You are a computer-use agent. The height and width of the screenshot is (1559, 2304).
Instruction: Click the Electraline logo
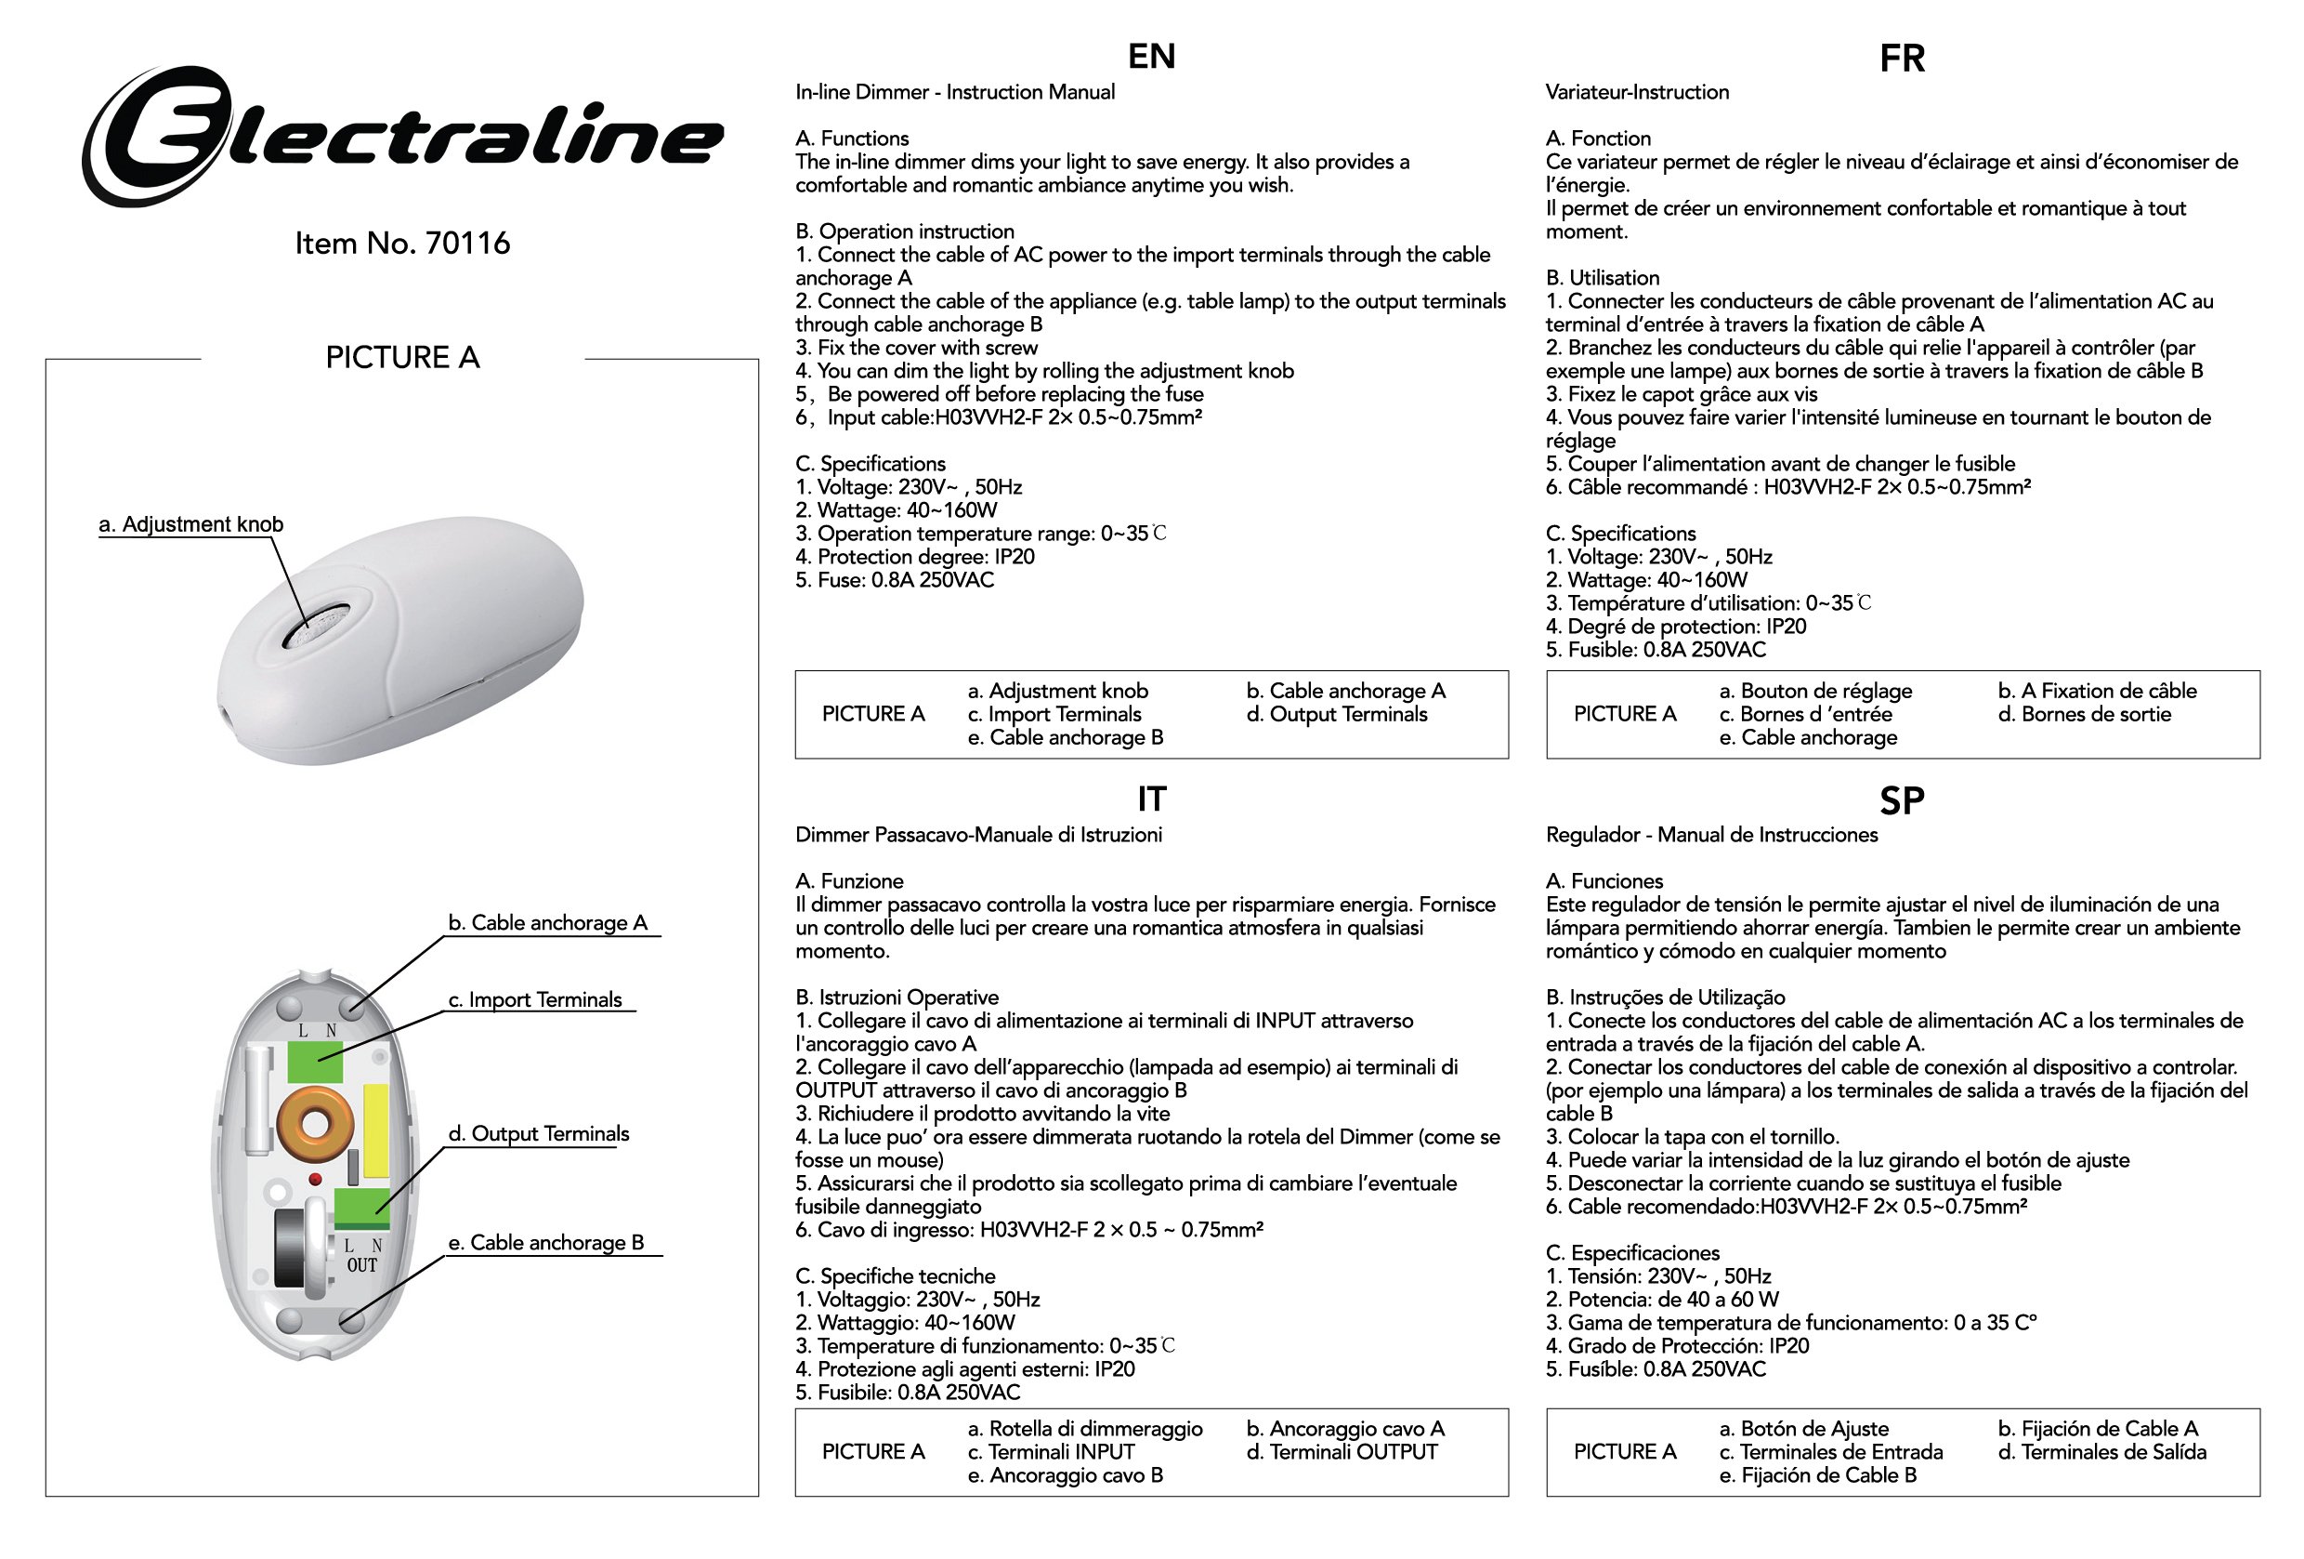pyautogui.click(x=401, y=136)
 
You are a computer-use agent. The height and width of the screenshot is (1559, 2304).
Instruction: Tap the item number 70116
pyautogui.click(x=401, y=243)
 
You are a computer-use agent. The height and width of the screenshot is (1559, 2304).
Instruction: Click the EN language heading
pyautogui.click(x=1151, y=57)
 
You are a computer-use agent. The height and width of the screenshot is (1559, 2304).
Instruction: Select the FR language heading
pyautogui.click(x=1902, y=59)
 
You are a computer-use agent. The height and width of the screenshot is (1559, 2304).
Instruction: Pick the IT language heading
pyautogui.click(x=1151, y=799)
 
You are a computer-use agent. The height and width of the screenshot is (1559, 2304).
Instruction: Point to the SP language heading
pyautogui.click(x=1902, y=800)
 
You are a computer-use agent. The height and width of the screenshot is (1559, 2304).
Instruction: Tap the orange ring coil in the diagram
pyautogui.click(x=315, y=1125)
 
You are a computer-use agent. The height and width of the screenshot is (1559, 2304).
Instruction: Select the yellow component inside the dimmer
pyautogui.click(x=377, y=1130)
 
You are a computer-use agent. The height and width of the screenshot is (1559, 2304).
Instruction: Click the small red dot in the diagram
pyautogui.click(x=315, y=1179)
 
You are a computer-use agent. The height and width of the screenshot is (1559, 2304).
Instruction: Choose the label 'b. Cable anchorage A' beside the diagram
pyautogui.click(x=547, y=922)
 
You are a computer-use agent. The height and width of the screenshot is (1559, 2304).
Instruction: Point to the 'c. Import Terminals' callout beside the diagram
pyautogui.click(x=535, y=999)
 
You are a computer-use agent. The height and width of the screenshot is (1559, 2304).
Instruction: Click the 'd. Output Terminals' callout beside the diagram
pyautogui.click(x=537, y=1133)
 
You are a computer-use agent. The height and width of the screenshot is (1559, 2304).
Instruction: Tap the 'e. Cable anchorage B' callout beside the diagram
pyautogui.click(x=545, y=1243)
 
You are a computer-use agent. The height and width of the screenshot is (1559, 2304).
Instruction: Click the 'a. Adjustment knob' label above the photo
pyautogui.click(x=190, y=523)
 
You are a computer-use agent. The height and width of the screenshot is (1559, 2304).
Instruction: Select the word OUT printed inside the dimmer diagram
pyautogui.click(x=362, y=1265)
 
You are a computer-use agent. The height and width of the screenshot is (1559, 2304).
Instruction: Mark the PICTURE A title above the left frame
pyautogui.click(x=401, y=357)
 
